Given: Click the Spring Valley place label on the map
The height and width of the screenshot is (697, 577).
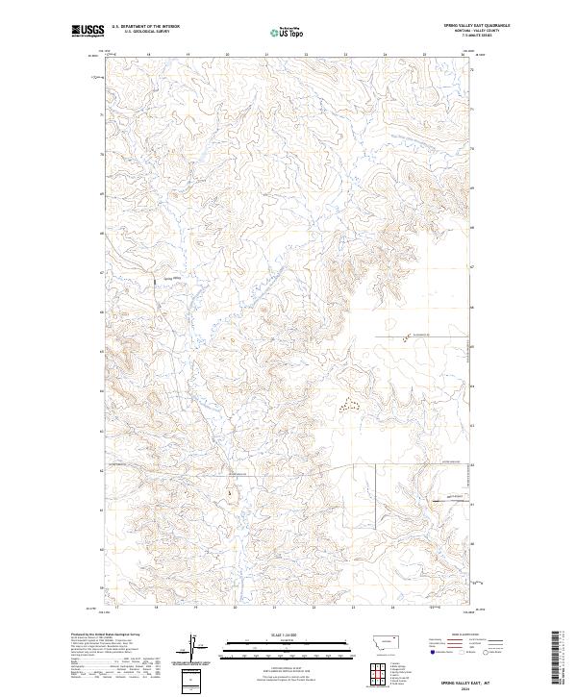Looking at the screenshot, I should pos(174,279).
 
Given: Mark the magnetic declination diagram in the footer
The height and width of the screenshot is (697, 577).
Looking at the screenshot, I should pos(190,648).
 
